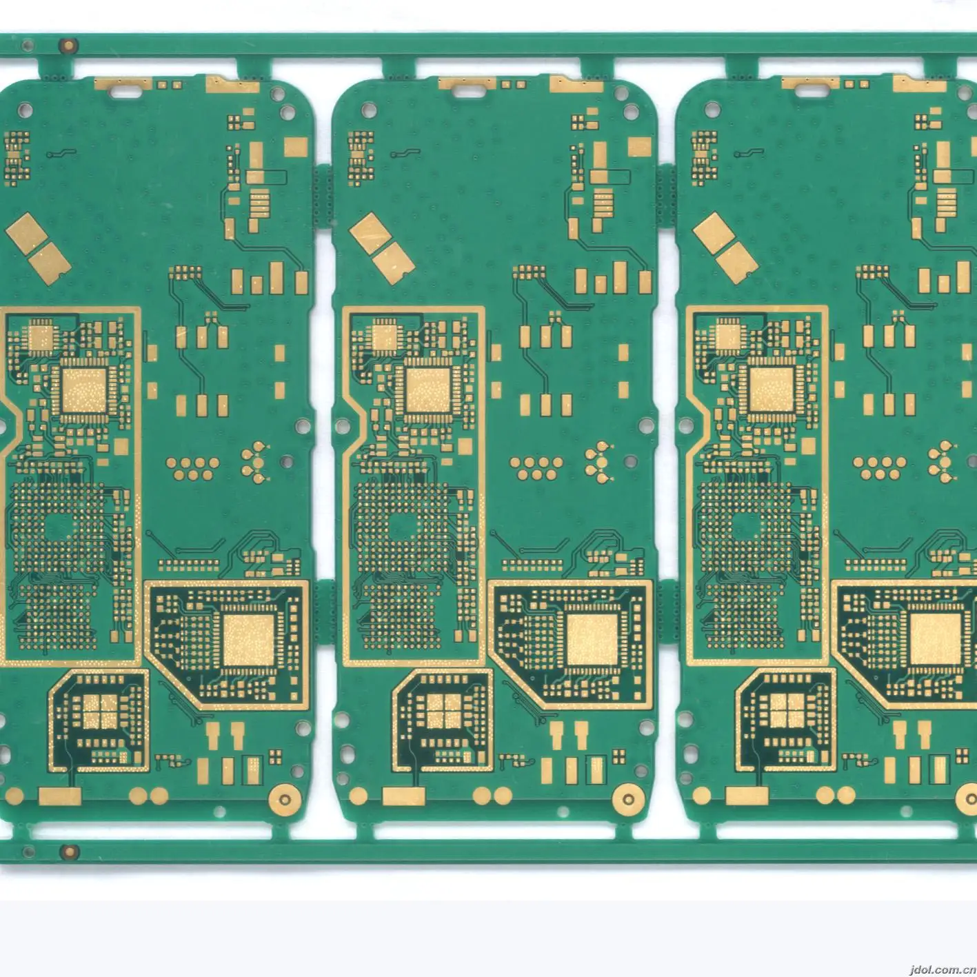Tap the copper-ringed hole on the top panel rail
[68, 47]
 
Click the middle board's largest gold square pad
[592, 639]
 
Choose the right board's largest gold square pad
[934, 639]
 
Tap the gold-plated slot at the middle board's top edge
[469, 88]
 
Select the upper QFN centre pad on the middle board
[425, 390]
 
